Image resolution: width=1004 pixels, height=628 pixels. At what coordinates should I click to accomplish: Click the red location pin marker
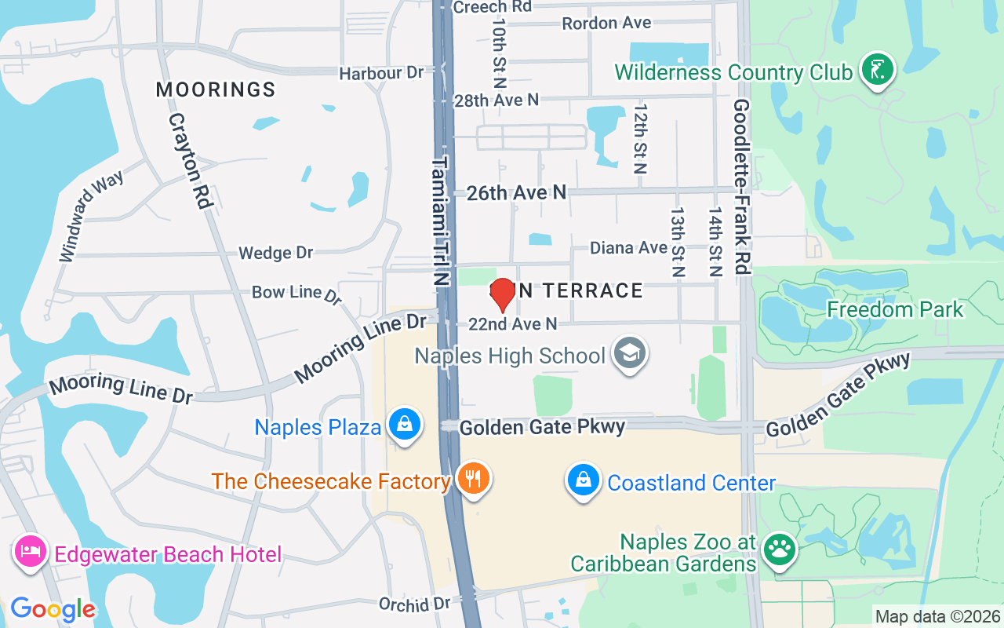tap(502, 294)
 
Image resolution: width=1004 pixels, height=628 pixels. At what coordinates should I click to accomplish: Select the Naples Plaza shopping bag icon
tap(405, 425)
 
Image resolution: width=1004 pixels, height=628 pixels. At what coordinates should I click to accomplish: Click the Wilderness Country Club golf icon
tap(878, 71)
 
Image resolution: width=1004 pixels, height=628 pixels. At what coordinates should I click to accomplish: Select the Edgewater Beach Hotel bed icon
tap(30, 553)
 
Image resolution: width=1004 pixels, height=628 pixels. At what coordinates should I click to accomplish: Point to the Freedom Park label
tap(895, 309)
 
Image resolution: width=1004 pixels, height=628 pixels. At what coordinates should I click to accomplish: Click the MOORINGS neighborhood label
tap(216, 89)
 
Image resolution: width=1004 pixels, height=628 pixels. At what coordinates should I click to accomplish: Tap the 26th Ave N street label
tap(516, 193)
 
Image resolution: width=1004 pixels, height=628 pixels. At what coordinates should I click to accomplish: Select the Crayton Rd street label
tap(191, 161)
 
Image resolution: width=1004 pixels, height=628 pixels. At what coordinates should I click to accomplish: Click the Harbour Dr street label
tap(381, 73)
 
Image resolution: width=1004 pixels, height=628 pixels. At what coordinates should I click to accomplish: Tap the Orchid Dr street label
tap(414, 604)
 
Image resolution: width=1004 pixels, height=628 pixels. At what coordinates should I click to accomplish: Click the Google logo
tap(53, 609)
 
